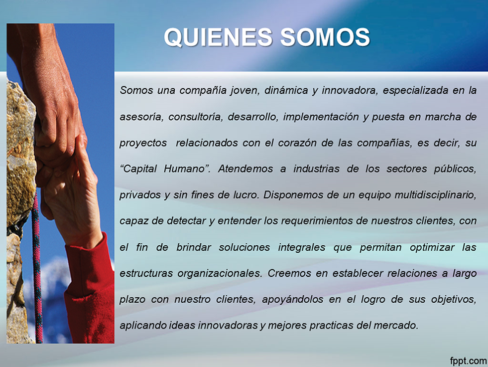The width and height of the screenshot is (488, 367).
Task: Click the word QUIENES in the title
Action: (218, 37)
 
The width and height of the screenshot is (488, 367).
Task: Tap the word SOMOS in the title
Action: (325, 37)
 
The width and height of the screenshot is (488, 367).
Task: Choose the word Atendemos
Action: (245, 169)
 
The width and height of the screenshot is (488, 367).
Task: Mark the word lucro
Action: (246, 195)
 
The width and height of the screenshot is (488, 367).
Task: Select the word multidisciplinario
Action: (435, 195)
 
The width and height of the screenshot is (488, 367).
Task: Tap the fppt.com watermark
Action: (468, 361)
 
